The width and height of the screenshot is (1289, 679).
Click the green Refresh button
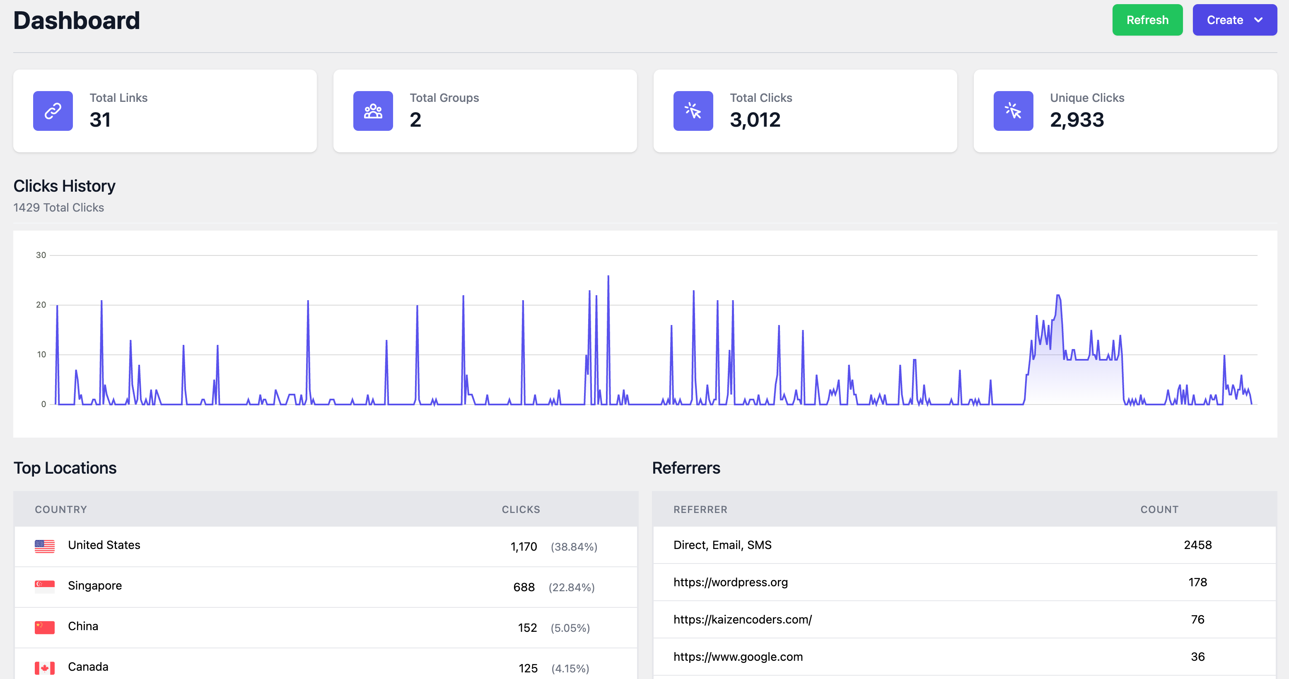tap(1147, 20)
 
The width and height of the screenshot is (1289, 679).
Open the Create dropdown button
tap(1234, 20)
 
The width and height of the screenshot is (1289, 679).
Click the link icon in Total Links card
tap(53, 111)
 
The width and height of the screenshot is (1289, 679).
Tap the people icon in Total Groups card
tap(373, 111)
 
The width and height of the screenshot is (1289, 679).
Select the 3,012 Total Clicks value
tap(755, 120)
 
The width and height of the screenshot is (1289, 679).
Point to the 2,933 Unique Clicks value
tap(1077, 120)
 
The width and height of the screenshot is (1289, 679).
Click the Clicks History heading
tap(64, 186)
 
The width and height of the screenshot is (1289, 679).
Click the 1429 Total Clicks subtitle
tap(58, 207)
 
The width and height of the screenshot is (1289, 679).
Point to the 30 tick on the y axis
tap(41, 255)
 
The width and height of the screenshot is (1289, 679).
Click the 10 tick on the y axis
tap(41, 354)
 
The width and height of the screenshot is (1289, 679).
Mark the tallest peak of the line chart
tap(608, 277)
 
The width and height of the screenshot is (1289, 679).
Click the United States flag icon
tap(45, 546)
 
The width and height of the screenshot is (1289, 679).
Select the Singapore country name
tap(94, 585)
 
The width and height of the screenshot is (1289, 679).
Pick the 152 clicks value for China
tap(527, 628)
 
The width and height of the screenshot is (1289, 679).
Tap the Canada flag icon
tap(45, 667)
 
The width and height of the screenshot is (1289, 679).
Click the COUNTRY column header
tap(60, 510)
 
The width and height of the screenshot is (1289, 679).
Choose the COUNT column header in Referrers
tap(1159, 510)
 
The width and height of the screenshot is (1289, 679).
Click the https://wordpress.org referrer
tap(730, 582)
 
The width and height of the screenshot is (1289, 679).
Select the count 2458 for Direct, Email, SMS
tap(1197, 545)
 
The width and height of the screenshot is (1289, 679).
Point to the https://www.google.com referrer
tap(738, 657)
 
